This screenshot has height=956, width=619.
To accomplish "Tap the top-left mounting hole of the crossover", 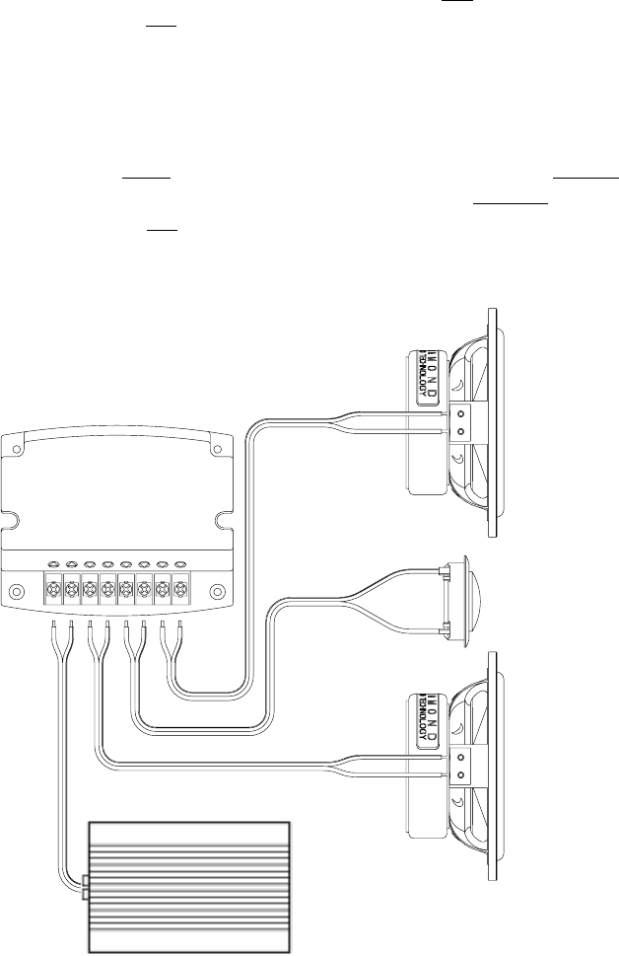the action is (x=16, y=450).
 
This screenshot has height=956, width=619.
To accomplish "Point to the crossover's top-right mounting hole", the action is (x=219, y=450).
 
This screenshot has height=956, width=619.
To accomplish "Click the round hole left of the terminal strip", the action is (x=16, y=594).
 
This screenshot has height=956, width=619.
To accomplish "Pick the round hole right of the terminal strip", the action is (x=219, y=594).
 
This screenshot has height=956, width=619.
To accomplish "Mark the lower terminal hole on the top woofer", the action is (x=460, y=432).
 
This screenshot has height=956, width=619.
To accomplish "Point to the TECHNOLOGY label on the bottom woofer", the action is (x=421, y=717).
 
